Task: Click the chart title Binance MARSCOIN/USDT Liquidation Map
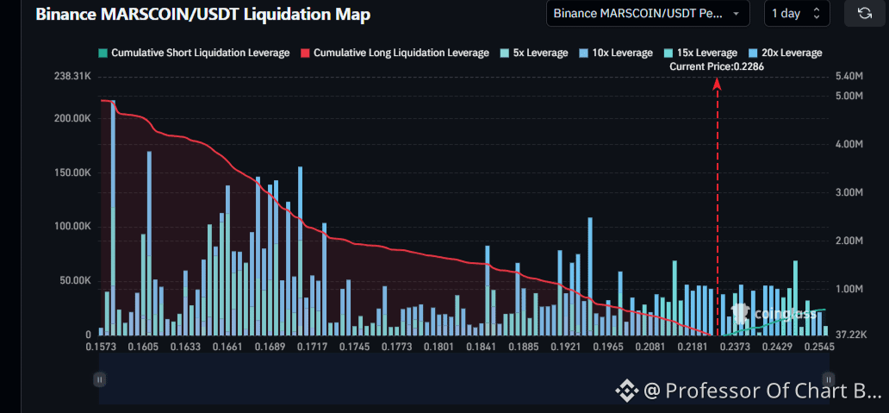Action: (x=203, y=15)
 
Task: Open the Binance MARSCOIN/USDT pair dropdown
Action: (x=648, y=14)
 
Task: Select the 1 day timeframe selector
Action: (x=797, y=14)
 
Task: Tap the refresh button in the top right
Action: (x=865, y=13)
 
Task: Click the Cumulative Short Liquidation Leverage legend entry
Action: (x=194, y=53)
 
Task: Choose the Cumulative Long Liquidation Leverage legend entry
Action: (x=395, y=53)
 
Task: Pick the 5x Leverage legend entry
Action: (x=533, y=53)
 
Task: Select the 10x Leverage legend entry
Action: (x=616, y=53)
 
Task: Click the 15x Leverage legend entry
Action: (x=700, y=53)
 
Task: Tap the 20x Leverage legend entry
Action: (x=786, y=53)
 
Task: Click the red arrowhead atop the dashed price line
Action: (x=718, y=84)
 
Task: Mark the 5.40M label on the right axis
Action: (x=849, y=77)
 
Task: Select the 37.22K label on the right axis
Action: (x=852, y=335)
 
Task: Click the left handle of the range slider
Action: (x=100, y=379)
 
